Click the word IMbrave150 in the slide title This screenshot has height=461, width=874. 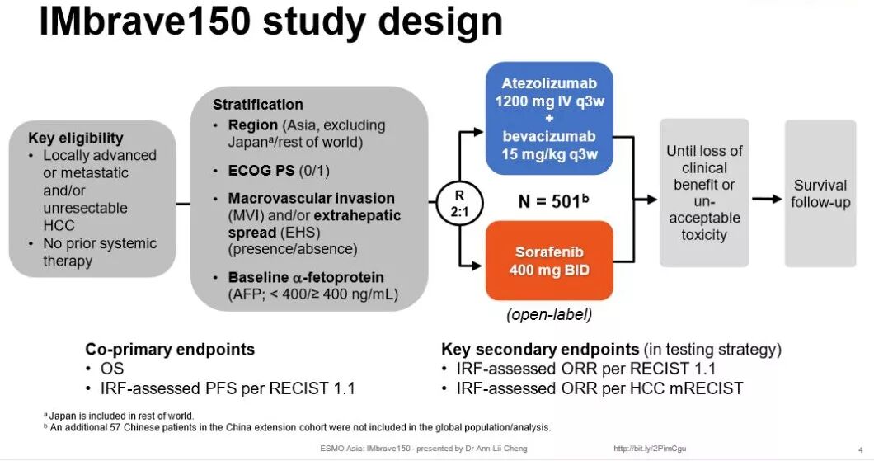pos(144,22)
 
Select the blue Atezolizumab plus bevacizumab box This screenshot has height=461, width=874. pos(549,119)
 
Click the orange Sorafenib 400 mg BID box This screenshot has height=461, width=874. pos(549,260)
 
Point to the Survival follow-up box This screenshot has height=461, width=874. pos(820,194)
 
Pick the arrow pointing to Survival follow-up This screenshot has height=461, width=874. pos(766,199)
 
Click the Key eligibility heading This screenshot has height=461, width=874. pos(75,138)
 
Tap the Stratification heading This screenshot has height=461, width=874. pos(257,105)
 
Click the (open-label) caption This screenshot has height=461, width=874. pos(549,314)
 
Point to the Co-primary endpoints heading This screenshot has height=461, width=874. pos(170,349)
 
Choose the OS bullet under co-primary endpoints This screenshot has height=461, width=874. pos(112,368)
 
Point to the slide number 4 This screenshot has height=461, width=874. pos(860,449)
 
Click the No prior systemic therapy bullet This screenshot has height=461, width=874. pos(99,252)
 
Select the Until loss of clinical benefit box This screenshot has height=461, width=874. pos(704,193)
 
